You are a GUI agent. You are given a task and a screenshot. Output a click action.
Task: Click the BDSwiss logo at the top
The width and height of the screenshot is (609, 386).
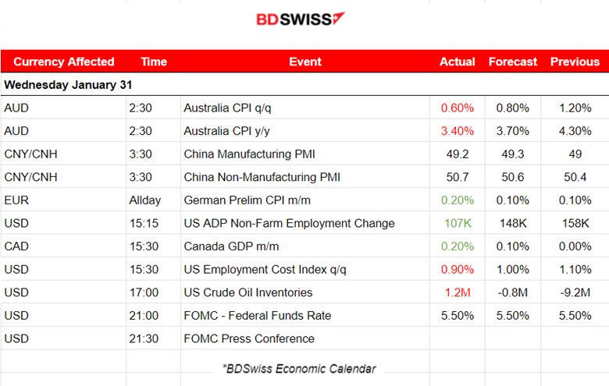tap(301, 19)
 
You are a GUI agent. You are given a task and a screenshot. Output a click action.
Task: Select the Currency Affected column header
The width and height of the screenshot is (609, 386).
tap(64, 62)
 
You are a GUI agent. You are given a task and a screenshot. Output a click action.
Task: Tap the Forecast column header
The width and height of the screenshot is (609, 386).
tap(513, 62)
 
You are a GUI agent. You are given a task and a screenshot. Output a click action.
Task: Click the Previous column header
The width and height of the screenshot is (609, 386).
tap(575, 62)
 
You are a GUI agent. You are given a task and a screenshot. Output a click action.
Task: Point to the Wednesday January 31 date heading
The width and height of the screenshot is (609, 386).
tap(64, 84)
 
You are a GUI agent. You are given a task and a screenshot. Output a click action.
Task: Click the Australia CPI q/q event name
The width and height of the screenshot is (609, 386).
tap(226, 108)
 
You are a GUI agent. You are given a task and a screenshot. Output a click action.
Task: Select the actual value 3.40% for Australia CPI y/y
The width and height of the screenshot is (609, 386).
tap(457, 131)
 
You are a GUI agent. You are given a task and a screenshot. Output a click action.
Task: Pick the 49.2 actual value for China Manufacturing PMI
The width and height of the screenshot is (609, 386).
tap(457, 154)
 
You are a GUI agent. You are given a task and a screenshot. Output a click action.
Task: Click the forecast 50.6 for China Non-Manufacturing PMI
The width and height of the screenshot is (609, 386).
tap(513, 177)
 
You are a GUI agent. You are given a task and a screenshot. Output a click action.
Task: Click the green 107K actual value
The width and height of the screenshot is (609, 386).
tap(457, 223)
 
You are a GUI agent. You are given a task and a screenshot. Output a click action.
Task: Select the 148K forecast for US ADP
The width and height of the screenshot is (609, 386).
tap(513, 223)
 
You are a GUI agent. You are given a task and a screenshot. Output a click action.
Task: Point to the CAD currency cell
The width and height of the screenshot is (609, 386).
tap(16, 246)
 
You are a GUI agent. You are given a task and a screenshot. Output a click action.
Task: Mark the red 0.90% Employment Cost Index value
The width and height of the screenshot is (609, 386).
tap(457, 270)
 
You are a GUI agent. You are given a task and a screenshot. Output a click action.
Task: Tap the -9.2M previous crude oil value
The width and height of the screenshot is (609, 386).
tap(575, 292)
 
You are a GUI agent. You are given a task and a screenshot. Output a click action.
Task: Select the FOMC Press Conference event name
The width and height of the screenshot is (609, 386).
tap(249, 338)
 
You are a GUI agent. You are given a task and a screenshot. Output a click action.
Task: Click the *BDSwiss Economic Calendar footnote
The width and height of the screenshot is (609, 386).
tap(299, 368)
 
